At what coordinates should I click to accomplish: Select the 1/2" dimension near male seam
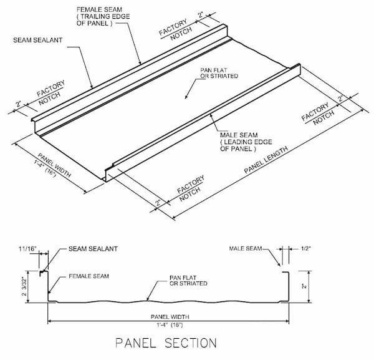coord(305,249)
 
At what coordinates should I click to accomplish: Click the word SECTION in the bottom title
coord(193,343)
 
